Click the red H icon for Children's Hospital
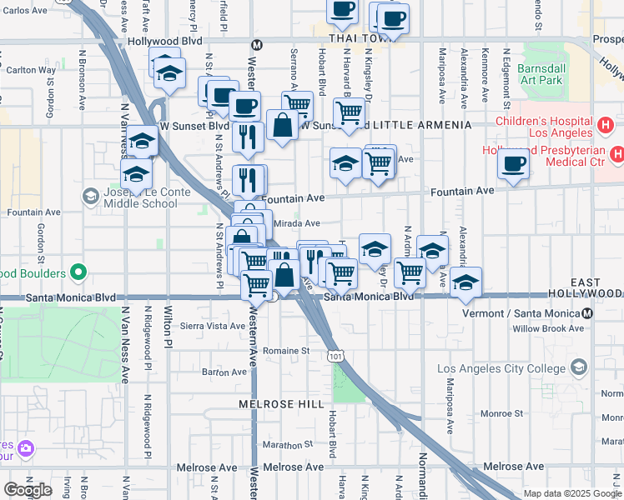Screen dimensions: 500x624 coord(606,126)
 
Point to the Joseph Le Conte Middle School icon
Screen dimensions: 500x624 coord(90,196)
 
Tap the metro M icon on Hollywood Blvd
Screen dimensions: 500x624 coord(257,44)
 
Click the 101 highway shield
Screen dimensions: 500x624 coord(335,355)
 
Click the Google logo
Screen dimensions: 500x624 coord(28,490)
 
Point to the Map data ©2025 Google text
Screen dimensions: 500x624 coord(572,493)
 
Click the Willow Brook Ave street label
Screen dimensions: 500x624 coord(548,328)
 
